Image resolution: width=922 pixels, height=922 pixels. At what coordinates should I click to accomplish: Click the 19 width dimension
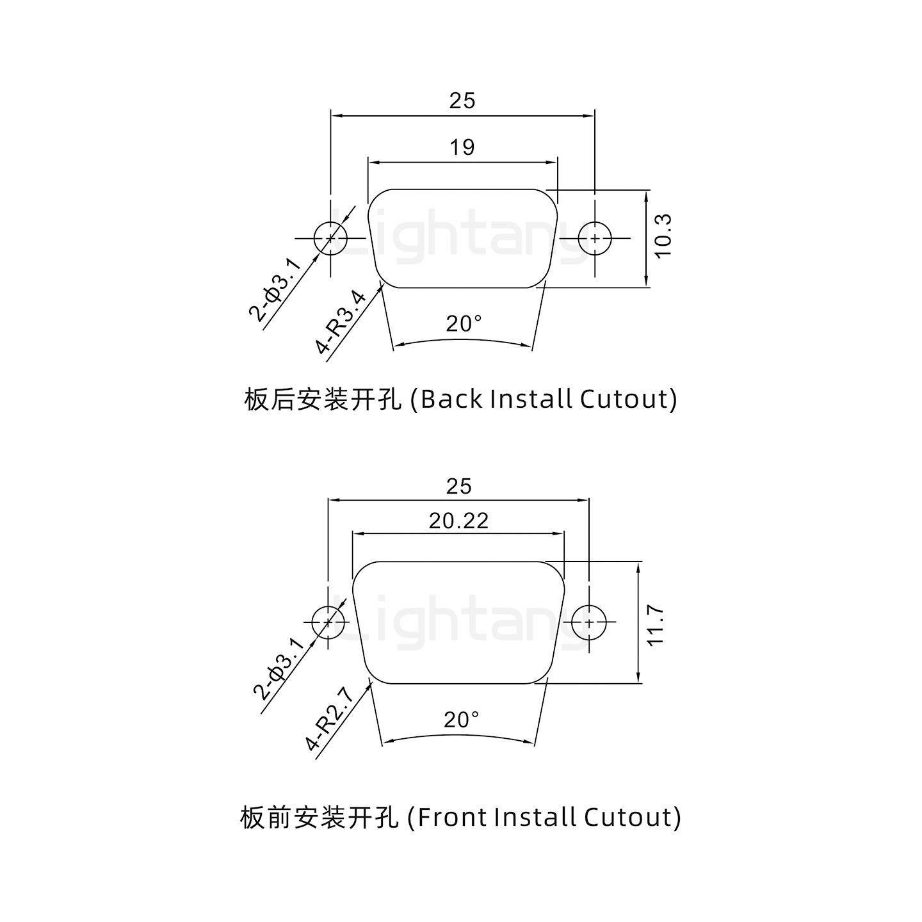[462, 148]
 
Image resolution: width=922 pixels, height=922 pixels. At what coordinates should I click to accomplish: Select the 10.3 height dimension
[663, 236]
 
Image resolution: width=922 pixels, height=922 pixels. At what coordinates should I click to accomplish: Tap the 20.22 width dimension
[458, 521]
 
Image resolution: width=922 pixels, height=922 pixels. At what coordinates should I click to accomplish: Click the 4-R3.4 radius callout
[341, 323]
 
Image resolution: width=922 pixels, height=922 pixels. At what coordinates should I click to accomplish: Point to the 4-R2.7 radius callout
[330, 718]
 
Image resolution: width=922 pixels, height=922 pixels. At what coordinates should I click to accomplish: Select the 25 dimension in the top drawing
[462, 101]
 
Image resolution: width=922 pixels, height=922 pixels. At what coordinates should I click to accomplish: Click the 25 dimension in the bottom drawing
[458, 487]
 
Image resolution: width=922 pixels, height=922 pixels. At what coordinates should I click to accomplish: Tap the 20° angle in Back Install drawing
[463, 324]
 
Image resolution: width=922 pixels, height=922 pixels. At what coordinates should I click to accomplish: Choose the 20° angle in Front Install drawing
[461, 720]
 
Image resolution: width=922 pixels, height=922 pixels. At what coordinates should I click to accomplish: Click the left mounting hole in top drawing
[330, 238]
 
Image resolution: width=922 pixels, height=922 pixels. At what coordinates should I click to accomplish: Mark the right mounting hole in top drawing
[595, 238]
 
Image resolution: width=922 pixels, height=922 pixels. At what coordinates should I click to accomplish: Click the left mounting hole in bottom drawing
[328, 622]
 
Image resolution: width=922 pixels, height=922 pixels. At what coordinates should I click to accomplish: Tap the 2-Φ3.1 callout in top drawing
[274, 289]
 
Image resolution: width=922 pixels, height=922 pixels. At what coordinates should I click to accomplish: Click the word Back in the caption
[452, 399]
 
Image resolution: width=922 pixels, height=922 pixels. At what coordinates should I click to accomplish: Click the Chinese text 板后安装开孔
[323, 400]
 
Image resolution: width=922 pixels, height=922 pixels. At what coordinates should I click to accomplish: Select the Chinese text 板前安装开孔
[319, 818]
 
